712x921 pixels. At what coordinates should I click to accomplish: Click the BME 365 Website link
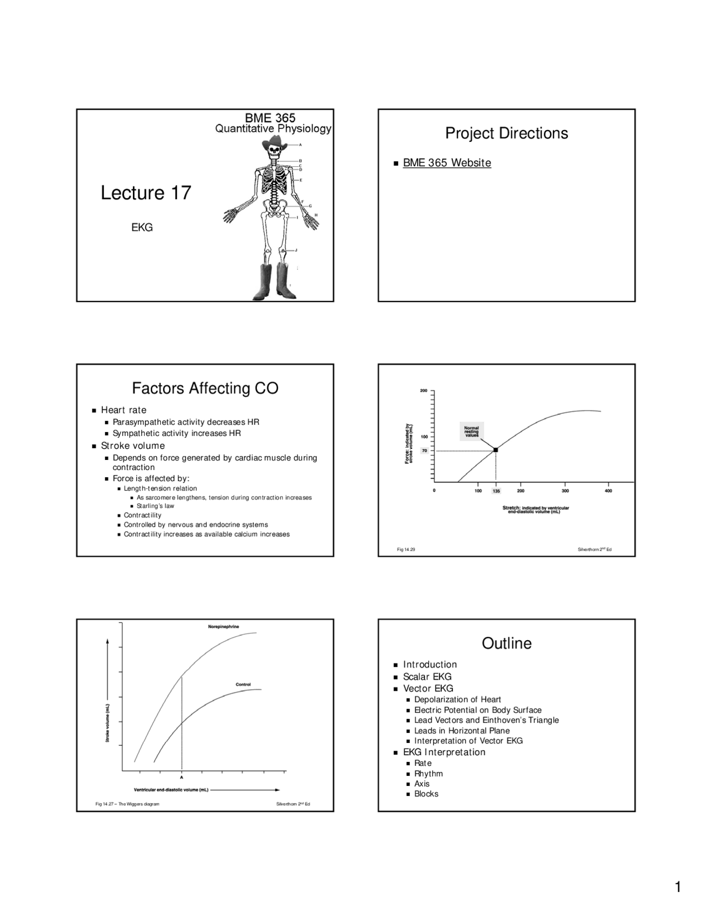pos(447,163)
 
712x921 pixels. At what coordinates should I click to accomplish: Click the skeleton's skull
pos(274,156)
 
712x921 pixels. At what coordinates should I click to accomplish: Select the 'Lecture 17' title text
pos(146,193)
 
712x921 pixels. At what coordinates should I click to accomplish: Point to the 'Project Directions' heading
pos(506,133)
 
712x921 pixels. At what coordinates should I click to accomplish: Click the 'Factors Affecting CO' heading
pos(205,388)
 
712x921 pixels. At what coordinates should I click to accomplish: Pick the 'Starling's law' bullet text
pos(155,506)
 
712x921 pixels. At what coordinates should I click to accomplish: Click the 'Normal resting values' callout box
pos(472,432)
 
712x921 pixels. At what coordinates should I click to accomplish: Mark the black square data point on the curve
pos(496,449)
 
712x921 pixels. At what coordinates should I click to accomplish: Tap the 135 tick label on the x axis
pos(496,492)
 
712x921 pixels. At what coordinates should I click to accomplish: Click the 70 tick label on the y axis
pos(424,450)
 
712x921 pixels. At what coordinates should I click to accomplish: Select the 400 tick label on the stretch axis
pos(608,491)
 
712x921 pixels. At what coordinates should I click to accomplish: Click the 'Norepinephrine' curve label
pos(224,627)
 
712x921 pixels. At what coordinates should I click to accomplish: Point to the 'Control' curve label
pos(243,685)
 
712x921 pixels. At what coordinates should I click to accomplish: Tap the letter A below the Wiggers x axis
pos(181,778)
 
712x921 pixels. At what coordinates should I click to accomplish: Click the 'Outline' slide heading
pos(506,643)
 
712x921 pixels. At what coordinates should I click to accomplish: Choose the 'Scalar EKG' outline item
pos(427,677)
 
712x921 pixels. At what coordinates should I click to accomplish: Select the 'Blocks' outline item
pos(426,794)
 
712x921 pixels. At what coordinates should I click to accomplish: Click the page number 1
pos(678,887)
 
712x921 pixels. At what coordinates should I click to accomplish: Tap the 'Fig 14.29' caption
pos(406,549)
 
